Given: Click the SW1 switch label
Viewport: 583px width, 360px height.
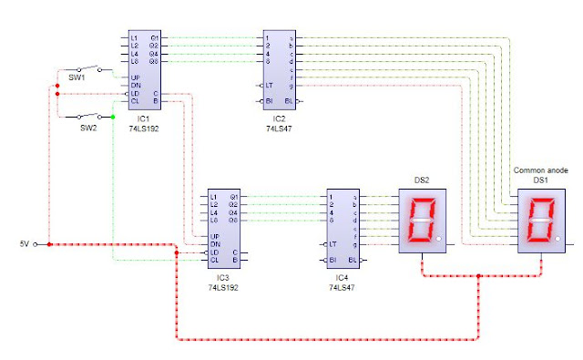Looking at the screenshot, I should click(77, 78).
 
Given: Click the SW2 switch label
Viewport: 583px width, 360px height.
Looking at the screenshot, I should click(87, 128).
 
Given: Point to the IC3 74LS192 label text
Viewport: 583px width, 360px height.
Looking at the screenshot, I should click(222, 282).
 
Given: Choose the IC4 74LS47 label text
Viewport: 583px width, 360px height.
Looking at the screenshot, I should click(342, 282).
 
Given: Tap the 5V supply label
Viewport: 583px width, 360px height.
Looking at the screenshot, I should click(25, 244).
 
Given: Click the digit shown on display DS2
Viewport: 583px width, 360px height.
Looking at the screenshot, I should click(420, 221).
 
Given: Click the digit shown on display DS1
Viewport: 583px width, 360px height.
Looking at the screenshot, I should click(540, 221).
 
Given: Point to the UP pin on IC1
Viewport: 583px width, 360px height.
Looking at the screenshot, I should click(134, 77).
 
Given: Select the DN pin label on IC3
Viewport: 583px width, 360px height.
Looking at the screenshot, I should click(213, 244).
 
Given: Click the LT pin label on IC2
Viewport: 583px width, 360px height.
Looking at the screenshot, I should click(269, 86).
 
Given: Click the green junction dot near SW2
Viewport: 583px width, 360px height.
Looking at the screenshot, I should click(113, 117).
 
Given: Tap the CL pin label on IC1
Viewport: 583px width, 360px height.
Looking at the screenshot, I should click(134, 101).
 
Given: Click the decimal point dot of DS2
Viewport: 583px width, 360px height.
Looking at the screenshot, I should click(439, 240).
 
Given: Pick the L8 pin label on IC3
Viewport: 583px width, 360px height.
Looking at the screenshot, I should click(213, 221).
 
